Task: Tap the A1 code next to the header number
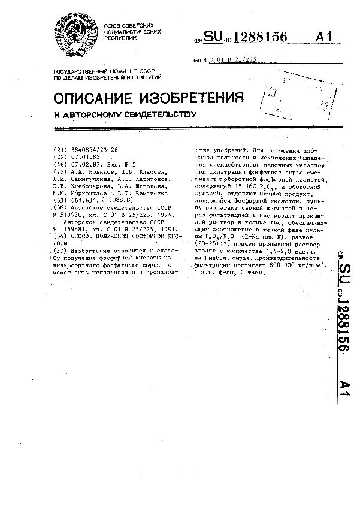click(323, 37)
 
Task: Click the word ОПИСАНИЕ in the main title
click(93, 98)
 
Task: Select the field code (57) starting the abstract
click(59, 250)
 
